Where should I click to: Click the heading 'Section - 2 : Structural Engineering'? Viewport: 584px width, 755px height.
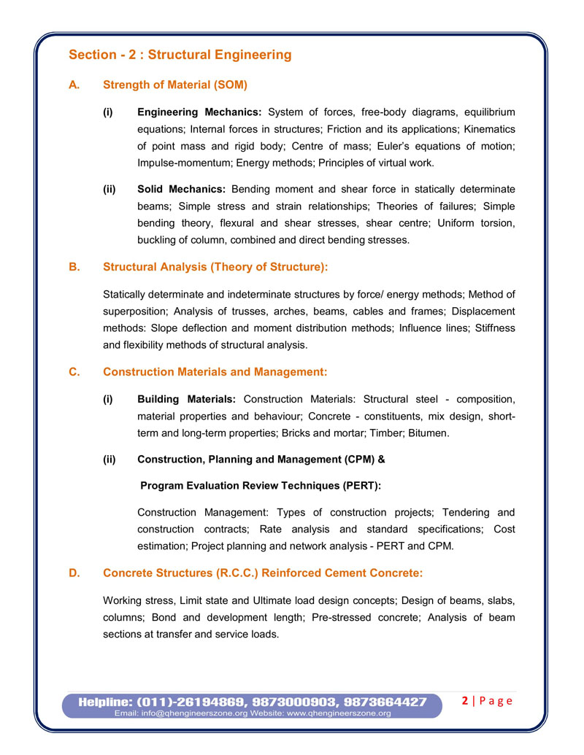(180, 55)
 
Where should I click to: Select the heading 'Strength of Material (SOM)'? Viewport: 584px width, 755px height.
(175, 85)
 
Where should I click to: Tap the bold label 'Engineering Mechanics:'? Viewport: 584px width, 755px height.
(200, 112)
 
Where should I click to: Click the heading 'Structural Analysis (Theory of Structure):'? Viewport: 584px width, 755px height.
(215, 267)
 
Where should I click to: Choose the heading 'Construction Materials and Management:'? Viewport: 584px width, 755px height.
(215, 372)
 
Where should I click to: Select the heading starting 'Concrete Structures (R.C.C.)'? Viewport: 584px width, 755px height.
(263, 573)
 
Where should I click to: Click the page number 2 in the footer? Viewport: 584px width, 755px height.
(465, 701)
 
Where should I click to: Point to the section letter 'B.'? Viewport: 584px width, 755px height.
(74, 267)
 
